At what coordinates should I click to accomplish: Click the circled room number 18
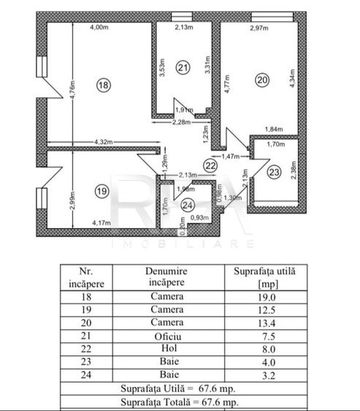pyautogui.click(x=103, y=85)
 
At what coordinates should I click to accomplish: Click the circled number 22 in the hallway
pyautogui.click(x=210, y=166)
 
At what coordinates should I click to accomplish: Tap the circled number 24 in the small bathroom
pyautogui.click(x=188, y=204)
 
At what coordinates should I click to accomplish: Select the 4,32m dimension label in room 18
pyautogui.click(x=106, y=140)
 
